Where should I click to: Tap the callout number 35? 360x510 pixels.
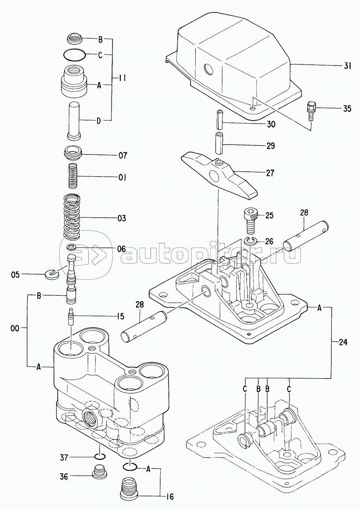click(347, 109)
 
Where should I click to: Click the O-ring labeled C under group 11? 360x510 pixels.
click(74, 55)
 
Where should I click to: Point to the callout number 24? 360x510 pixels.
click(342, 342)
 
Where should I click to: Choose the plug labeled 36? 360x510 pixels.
click(99, 471)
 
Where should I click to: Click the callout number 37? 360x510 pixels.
click(64, 458)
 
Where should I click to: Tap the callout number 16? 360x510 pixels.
click(170, 497)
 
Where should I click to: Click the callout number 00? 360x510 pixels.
click(15, 328)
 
